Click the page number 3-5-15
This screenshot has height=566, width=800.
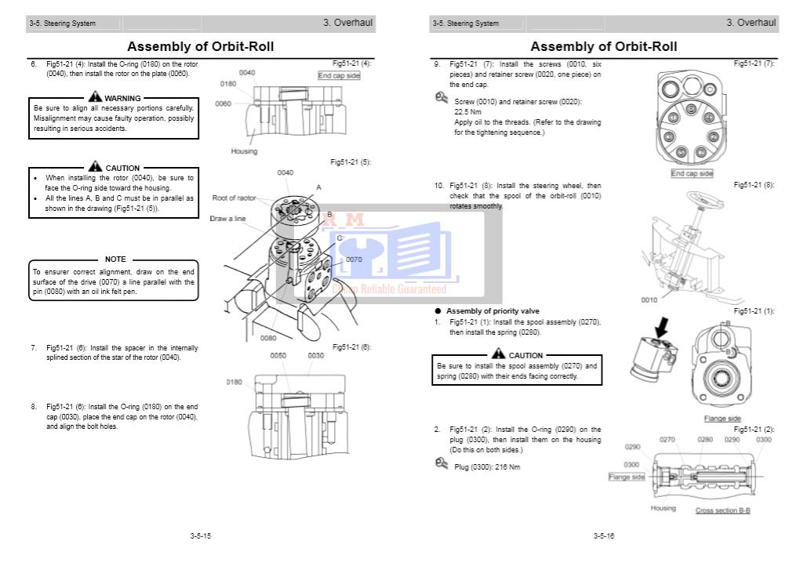(200, 536)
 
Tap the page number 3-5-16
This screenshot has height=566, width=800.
(603, 536)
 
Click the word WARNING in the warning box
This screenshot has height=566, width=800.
(122, 98)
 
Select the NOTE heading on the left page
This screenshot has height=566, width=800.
(115, 259)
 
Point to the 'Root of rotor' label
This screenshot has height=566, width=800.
(235, 198)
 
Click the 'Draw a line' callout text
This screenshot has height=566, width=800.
(227, 219)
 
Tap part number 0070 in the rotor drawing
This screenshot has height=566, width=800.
(354, 259)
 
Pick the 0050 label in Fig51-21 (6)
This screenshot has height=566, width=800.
(278, 355)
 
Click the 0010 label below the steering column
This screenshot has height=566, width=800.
(650, 299)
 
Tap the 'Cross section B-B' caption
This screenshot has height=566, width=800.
(722, 510)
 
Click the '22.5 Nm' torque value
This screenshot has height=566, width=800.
(468, 112)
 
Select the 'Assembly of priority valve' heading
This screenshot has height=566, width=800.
(493, 311)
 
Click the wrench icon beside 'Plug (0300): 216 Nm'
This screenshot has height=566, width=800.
(442, 464)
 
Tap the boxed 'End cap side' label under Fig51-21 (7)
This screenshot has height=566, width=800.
(692, 173)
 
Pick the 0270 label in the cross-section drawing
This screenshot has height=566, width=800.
(667, 440)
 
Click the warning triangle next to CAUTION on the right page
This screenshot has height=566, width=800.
(499, 354)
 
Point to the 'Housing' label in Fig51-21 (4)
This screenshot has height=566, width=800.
(244, 151)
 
